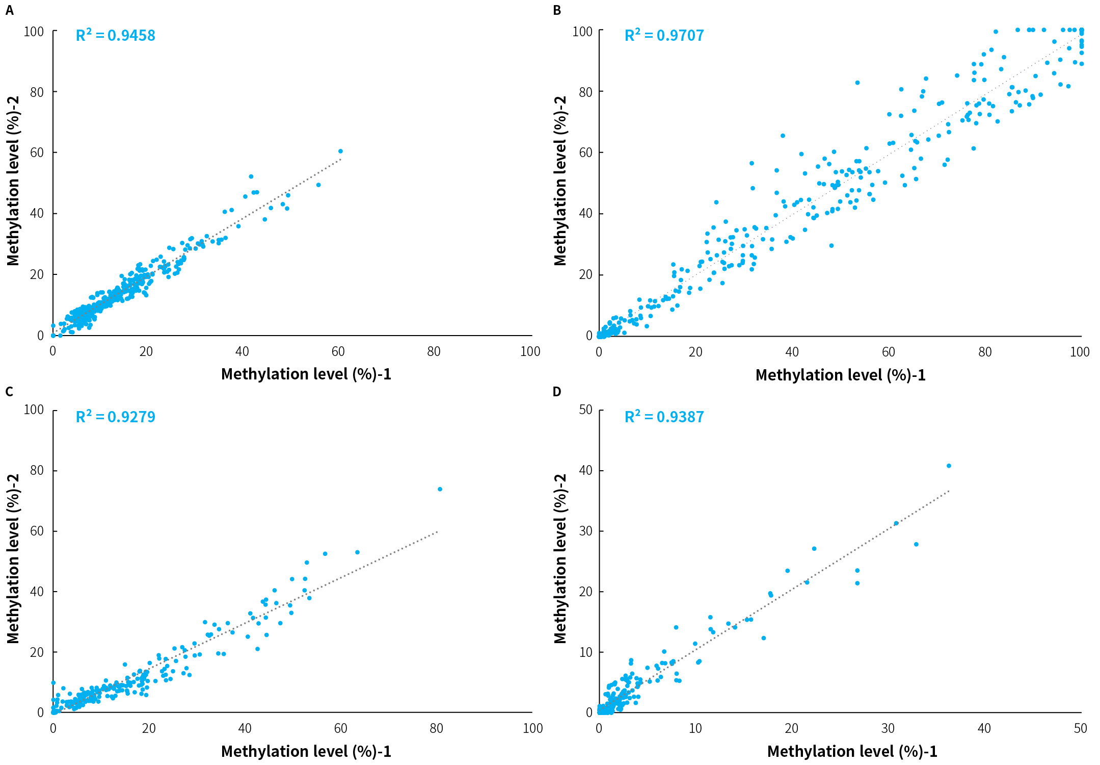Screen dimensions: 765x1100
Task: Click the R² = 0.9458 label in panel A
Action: (115, 35)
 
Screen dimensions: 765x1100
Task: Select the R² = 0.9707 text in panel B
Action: (664, 35)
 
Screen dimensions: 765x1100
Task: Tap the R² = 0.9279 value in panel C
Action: (115, 417)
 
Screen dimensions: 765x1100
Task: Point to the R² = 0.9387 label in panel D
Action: (664, 417)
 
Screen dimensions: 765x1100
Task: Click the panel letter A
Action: (9, 10)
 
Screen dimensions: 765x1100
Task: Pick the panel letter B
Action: (557, 10)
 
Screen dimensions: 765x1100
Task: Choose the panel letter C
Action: (9, 392)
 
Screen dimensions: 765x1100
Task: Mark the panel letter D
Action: (557, 392)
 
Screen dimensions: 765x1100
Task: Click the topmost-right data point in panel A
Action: (340, 151)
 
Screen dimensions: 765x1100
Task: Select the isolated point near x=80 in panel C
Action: (440, 489)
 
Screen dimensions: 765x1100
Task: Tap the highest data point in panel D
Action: (949, 466)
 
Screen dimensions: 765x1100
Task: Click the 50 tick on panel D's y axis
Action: (586, 410)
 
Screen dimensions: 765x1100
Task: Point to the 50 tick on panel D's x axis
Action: (1080, 728)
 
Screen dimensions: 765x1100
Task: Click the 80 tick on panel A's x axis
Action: (434, 351)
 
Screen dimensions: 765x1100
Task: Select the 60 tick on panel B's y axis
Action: (586, 152)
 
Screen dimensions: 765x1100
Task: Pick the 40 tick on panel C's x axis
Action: (245, 728)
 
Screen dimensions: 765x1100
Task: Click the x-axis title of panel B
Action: (840, 375)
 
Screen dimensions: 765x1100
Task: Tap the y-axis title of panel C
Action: (13, 559)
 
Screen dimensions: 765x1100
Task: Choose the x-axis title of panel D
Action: (852, 751)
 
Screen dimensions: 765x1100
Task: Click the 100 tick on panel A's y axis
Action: (34, 32)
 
